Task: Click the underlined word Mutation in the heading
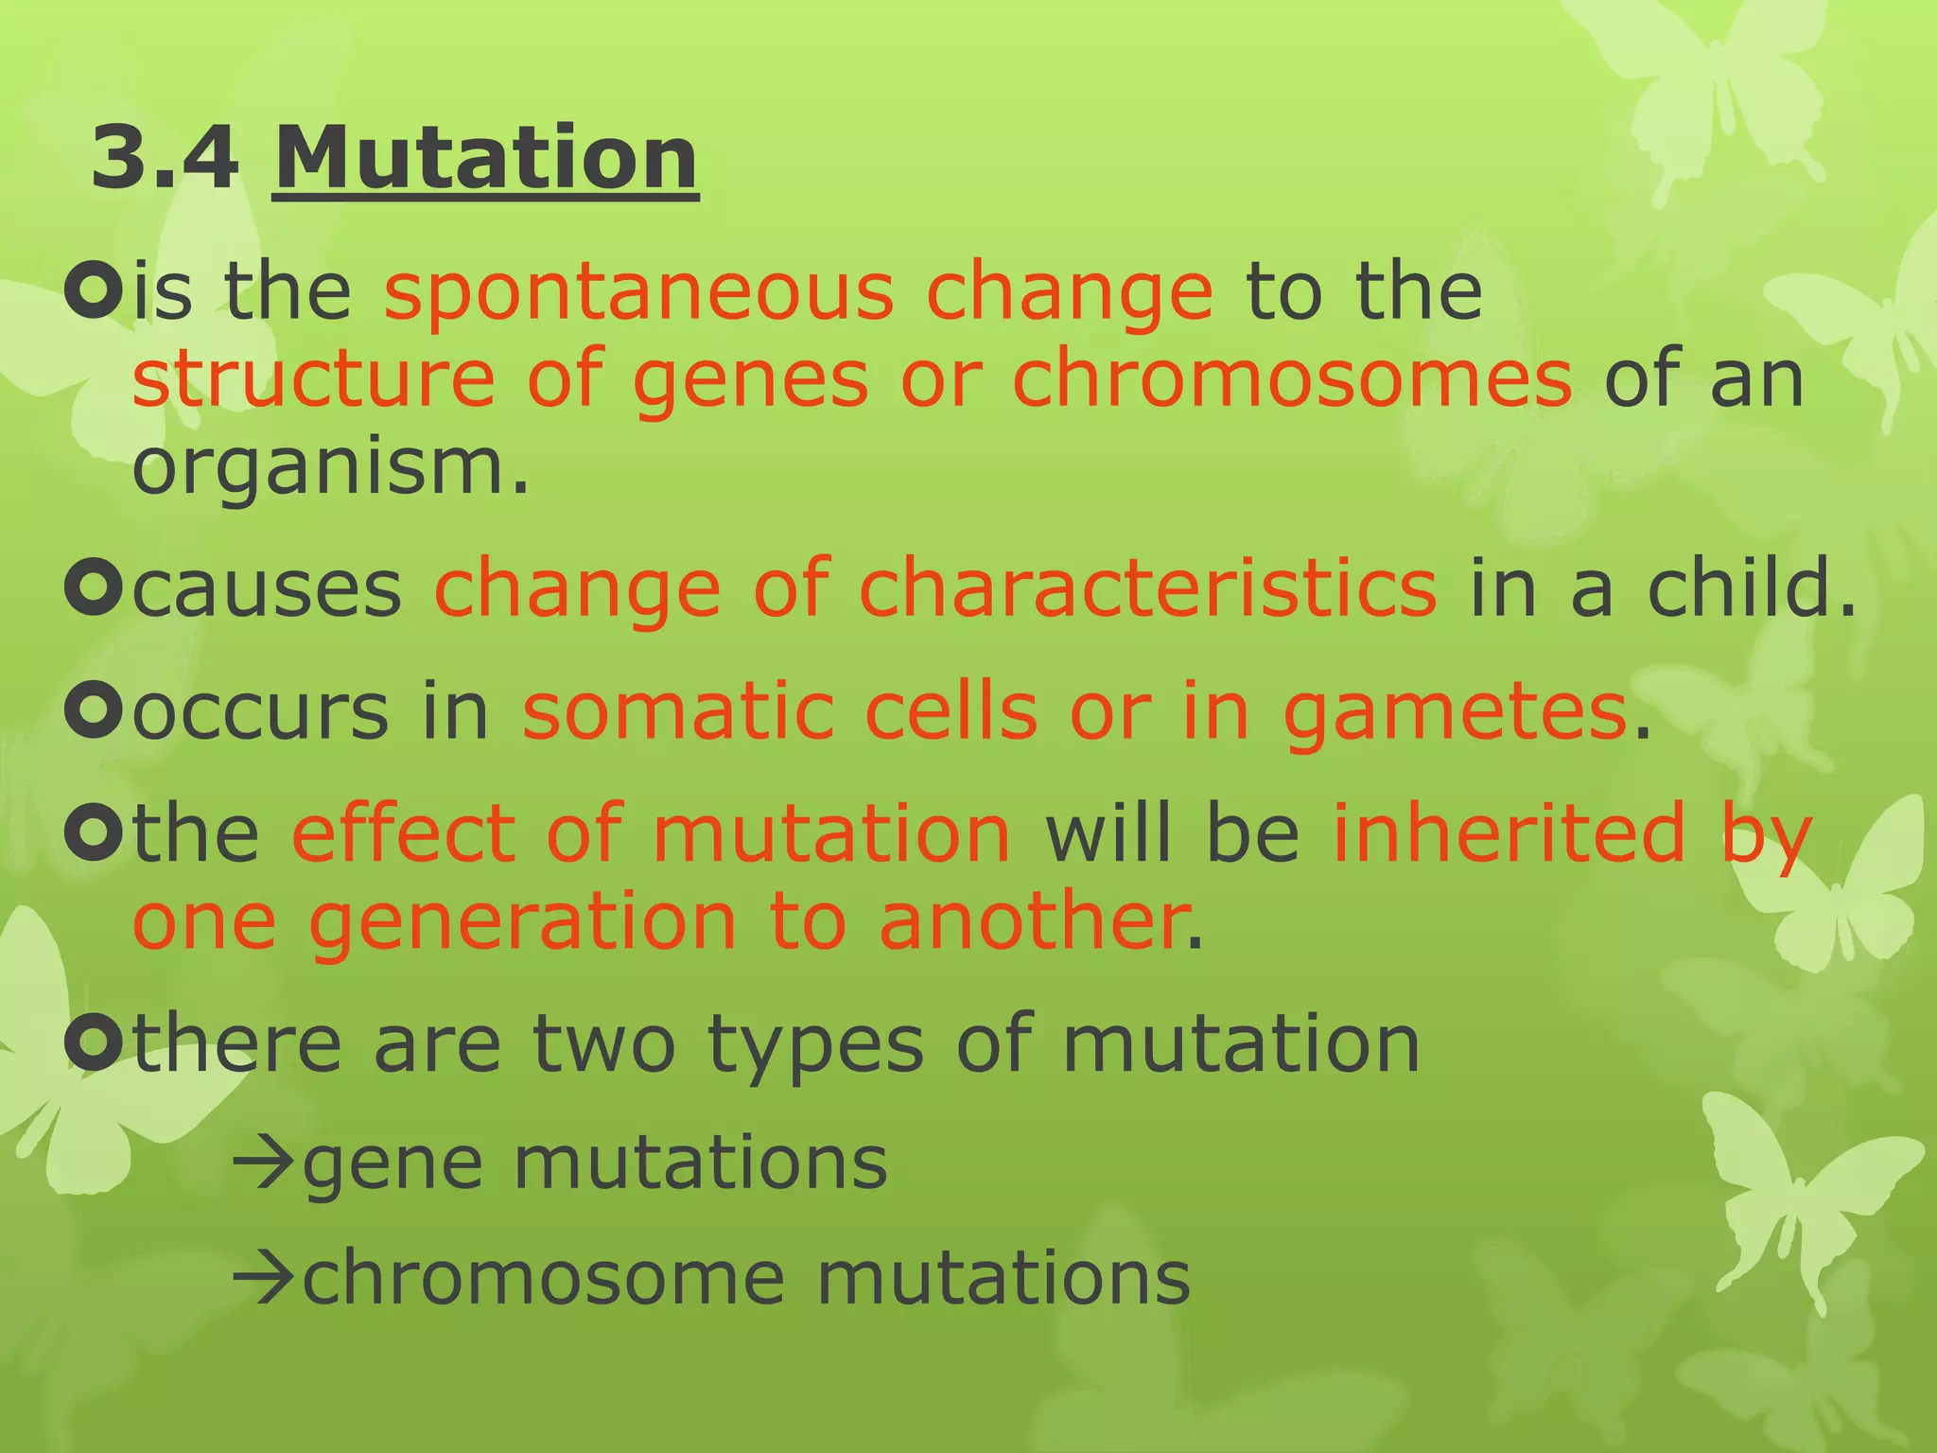pyautogui.click(x=485, y=158)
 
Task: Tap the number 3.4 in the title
pyautogui.click(x=166, y=158)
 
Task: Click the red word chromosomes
pyautogui.click(x=1292, y=379)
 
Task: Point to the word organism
pyautogui.click(x=329, y=468)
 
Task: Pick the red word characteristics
pyautogui.click(x=1147, y=588)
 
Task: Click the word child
pyautogui.click(x=1751, y=588)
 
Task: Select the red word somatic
pyautogui.click(x=678, y=711)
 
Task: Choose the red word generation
pyautogui.click(x=523, y=922)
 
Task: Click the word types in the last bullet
pyautogui.click(x=815, y=1046)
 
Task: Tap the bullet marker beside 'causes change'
pyautogui.click(x=94, y=588)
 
